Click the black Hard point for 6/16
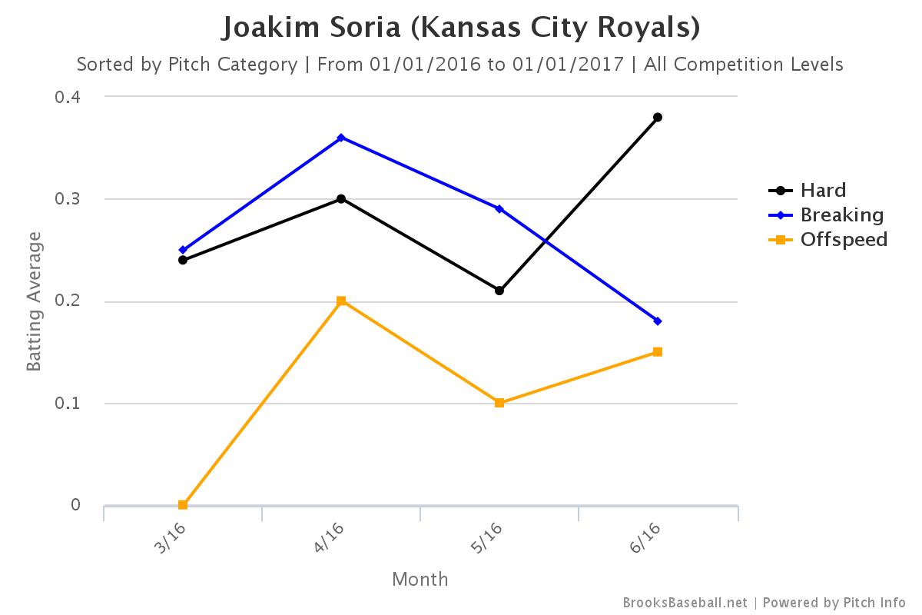click(658, 118)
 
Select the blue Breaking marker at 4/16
click(341, 138)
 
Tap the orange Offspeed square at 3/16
click(183, 505)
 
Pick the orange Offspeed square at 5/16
click(499, 403)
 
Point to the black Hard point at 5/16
click(499, 291)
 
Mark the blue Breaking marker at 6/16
click(658, 321)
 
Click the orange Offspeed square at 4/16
click(341, 301)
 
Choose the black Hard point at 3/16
click(183, 260)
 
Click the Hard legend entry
click(822, 191)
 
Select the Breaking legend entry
click(841, 215)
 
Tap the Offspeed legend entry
click(843, 240)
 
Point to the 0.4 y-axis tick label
click(68, 97)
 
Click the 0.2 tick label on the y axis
click(68, 301)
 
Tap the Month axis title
click(420, 579)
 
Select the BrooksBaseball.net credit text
click(685, 603)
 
